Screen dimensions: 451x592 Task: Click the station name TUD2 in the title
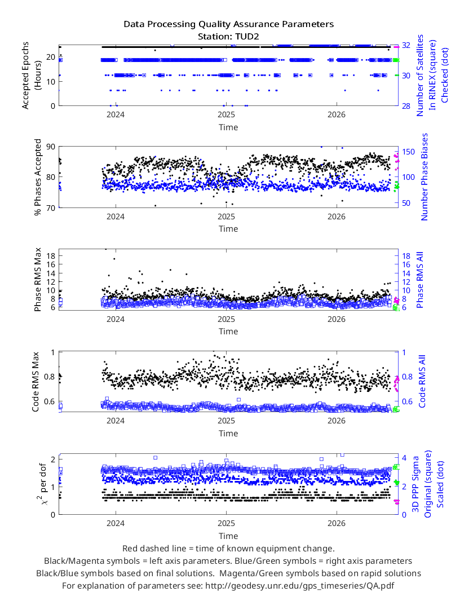tap(247, 37)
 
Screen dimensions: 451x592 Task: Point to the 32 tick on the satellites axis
tap(406, 45)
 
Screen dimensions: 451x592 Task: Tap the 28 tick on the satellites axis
tap(406, 106)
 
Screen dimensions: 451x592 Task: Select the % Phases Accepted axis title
tap(38, 177)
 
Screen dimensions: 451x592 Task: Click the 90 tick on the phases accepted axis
tap(51, 147)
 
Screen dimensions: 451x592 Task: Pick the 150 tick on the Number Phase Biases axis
tap(408, 152)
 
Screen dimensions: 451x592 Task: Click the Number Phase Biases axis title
tap(425, 176)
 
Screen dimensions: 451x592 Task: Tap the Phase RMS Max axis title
tap(38, 280)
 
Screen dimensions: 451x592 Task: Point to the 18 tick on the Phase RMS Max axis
tap(51, 255)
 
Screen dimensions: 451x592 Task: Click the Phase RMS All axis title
tap(419, 280)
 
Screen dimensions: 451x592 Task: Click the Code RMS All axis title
tap(422, 381)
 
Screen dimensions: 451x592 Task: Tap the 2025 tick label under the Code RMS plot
tap(226, 421)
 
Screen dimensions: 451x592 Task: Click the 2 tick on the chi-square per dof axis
tap(53, 459)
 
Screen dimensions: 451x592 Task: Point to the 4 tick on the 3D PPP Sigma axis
tap(404, 458)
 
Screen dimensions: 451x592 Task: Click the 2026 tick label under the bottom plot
tap(336, 523)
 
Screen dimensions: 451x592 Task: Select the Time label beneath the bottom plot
tap(228, 536)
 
